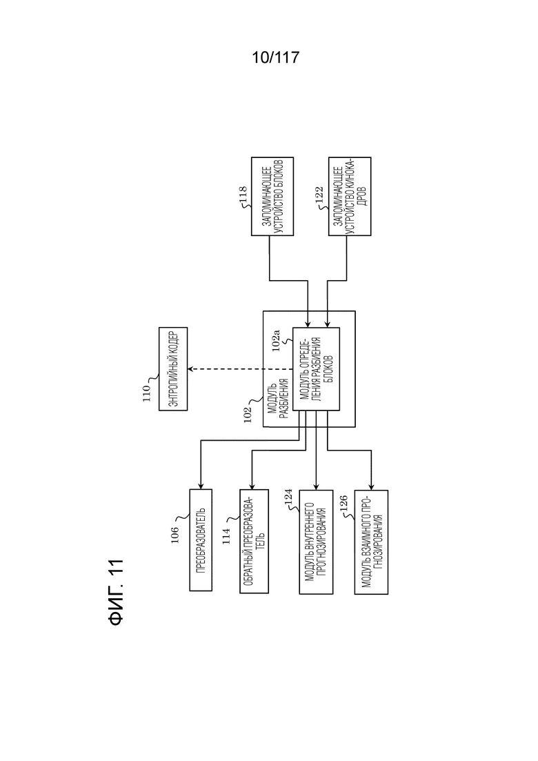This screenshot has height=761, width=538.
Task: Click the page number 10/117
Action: [275, 58]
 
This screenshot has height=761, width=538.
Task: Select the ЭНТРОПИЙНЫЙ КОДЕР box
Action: [175, 369]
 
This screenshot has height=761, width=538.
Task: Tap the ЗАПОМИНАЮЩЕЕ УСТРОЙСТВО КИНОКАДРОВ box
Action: [349, 197]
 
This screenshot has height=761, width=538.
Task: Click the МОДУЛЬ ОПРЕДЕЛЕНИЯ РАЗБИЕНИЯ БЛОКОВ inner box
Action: [317, 369]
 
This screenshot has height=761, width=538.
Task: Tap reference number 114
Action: [227, 536]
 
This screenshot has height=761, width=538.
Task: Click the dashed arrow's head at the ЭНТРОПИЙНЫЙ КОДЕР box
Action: [192, 369]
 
